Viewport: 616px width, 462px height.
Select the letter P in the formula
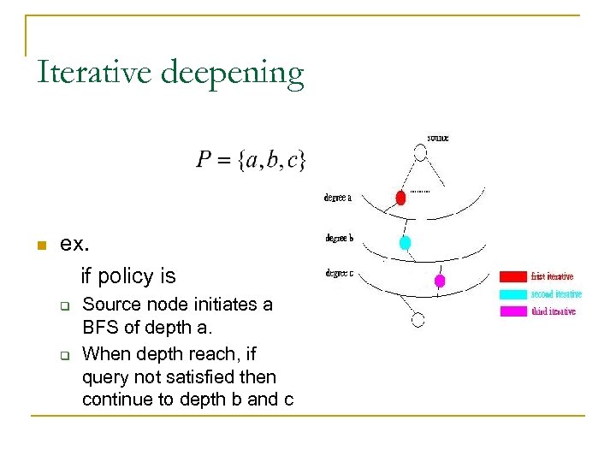coord(205,159)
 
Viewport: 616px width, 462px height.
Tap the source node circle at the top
coord(419,153)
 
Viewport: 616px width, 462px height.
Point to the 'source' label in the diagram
coord(437,137)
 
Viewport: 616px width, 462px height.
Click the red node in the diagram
coord(400,198)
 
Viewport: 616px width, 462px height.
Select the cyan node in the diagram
coord(406,242)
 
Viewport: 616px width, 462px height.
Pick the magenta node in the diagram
coord(440,280)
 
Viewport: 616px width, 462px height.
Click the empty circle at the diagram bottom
coord(418,320)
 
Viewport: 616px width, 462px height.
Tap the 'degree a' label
coord(338,198)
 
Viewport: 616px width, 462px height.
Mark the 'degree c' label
coord(339,274)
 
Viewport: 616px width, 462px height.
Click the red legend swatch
coord(513,276)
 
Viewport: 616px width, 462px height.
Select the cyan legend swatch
coord(513,293)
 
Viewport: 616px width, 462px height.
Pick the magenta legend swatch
coord(513,311)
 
